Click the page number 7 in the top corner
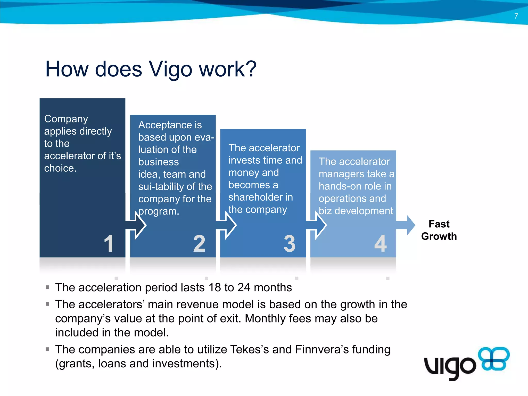pyautogui.click(x=516, y=16)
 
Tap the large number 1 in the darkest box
pyautogui.click(x=109, y=243)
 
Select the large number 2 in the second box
pyautogui.click(x=199, y=243)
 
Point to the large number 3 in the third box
pyautogui.click(x=290, y=243)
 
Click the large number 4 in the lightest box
pyautogui.click(x=380, y=243)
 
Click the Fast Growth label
pyautogui.click(x=439, y=230)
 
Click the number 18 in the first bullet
pyautogui.click(x=214, y=287)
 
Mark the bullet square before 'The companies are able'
pyautogui.click(x=47, y=349)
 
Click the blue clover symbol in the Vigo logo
pyautogui.click(x=493, y=359)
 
